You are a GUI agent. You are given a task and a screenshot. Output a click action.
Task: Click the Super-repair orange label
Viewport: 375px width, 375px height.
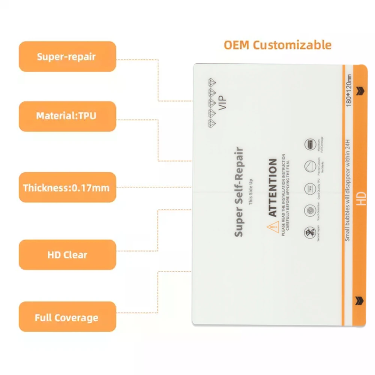[67, 57]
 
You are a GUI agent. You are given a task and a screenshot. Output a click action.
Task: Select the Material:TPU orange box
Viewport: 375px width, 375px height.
[67, 116]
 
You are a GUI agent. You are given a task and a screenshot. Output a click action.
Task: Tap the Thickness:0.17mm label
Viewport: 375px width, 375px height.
[67, 187]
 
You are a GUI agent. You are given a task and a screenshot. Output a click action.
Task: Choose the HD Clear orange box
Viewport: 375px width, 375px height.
[67, 255]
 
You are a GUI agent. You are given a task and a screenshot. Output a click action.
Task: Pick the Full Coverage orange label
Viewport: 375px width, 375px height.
[67, 318]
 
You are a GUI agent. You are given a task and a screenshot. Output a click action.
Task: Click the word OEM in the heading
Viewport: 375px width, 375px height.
[236, 45]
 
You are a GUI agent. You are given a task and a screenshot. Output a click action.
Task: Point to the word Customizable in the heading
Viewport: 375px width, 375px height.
[292, 45]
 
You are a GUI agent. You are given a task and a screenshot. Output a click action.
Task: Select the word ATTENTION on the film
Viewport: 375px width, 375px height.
[273, 187]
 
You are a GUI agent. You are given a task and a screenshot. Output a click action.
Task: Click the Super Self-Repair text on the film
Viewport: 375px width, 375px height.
[239, 192]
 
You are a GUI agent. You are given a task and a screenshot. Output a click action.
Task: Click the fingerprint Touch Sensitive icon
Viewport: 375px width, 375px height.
[310, 211]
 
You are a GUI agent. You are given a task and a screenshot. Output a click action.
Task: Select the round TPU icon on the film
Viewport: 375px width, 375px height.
[310, 189]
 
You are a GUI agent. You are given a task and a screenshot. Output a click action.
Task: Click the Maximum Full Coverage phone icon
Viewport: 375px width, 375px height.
[310, 144]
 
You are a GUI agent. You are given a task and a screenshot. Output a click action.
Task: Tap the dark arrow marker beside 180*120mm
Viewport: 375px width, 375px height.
[361, 90]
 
